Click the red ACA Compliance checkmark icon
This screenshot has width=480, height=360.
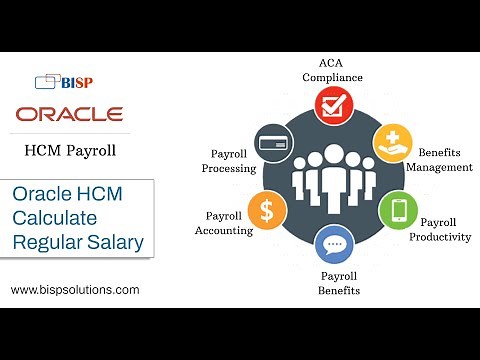click(334, 103)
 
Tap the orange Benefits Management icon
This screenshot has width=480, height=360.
click(392, 144)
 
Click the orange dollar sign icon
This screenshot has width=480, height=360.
click(267, 209)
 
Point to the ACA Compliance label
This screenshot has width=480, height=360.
click(334, 69)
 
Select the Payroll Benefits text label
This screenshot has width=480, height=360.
click(340, 283)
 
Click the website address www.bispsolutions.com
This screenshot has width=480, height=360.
click(75, 290)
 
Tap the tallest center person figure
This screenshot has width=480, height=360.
click(334, 171)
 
